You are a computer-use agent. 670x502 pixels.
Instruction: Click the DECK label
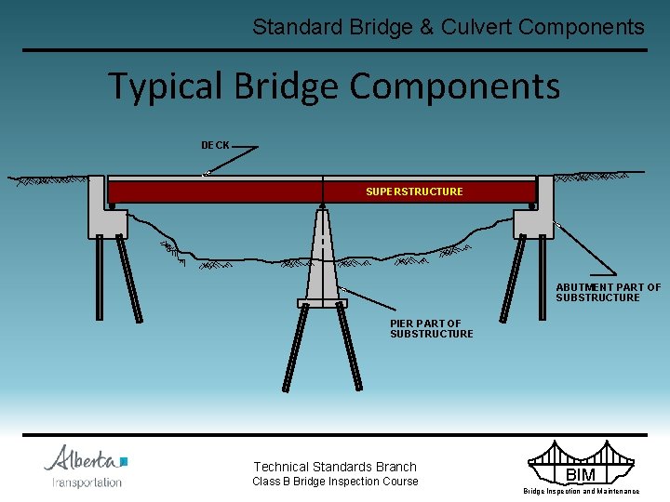coord(215,145)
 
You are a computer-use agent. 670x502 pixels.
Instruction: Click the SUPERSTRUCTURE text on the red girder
coord(414,192)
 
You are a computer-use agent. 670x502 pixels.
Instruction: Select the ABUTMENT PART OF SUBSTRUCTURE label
coord(608,293)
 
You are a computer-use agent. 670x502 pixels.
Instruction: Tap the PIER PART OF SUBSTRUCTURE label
coord(431,328)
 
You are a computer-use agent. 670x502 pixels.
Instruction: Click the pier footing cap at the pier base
coord(322,302)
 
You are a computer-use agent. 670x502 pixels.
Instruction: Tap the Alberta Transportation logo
coord(86,466)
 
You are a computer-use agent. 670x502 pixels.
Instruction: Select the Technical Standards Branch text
coord(335,467)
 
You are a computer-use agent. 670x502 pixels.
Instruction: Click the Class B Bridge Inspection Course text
coord(335,482)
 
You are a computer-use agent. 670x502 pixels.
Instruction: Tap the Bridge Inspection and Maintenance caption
coord(581,491)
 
